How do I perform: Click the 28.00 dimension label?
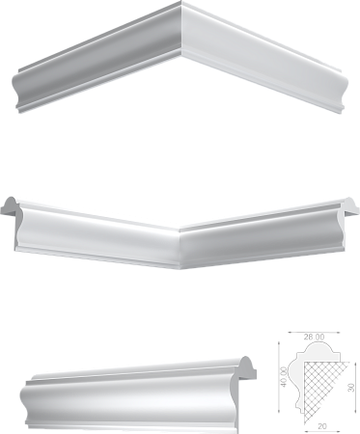pos(314,337)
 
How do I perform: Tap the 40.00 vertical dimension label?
pos(284,376)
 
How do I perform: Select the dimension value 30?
pos(351,387)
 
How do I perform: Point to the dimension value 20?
pos(321,426)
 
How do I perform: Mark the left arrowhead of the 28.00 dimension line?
pos(291,332)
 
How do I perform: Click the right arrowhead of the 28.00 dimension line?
pos(337,332)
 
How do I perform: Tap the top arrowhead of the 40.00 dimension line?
pos(279,344)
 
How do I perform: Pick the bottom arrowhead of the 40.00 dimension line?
pos(279,411)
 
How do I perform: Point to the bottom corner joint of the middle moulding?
pos(180,267)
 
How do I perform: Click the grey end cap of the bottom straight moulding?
pos(247,369)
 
